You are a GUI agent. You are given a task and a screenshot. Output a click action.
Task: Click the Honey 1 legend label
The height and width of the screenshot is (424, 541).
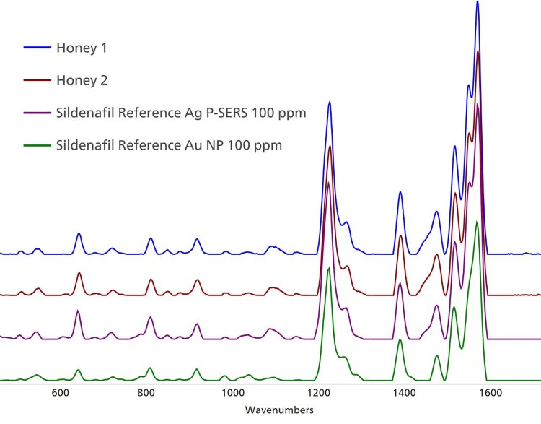tap(86, 48)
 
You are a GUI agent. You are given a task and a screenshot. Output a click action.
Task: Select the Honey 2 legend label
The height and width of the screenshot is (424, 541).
tap(86, 81)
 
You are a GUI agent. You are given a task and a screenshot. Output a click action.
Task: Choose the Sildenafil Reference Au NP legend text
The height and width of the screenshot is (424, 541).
tap(169, 145)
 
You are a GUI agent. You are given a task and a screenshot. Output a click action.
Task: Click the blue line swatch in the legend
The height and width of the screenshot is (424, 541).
tap(36, 48)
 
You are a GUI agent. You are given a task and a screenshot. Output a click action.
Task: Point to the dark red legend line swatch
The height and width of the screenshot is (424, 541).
tap(36, 81)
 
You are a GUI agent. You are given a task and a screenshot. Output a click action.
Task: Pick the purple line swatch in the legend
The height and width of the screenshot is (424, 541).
tap(36, 113)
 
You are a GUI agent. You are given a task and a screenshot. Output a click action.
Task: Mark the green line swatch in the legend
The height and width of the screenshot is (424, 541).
tap(36, 145)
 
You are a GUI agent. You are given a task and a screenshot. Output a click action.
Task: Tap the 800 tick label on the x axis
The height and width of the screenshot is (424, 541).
tap(146, 394)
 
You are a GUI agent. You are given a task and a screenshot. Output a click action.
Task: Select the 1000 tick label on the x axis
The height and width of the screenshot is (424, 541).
tap(232, 394)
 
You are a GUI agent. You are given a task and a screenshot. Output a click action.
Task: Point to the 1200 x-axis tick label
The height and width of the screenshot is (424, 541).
tap(317, 394)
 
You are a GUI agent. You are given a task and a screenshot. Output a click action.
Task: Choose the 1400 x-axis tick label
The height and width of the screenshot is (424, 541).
tap(403, 394)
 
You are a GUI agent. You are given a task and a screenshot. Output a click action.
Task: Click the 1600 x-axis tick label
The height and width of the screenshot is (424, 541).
tap(489, 394)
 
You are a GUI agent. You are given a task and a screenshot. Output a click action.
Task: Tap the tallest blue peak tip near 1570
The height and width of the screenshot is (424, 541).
tap(478, 2)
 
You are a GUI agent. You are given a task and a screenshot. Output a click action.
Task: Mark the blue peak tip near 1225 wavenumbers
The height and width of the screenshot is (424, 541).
tap(330, 102)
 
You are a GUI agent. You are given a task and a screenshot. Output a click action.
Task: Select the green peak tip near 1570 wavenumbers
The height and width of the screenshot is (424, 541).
tap(477, 222)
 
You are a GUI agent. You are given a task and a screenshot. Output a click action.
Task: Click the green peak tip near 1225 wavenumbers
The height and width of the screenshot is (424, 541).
tap(329, 268)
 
